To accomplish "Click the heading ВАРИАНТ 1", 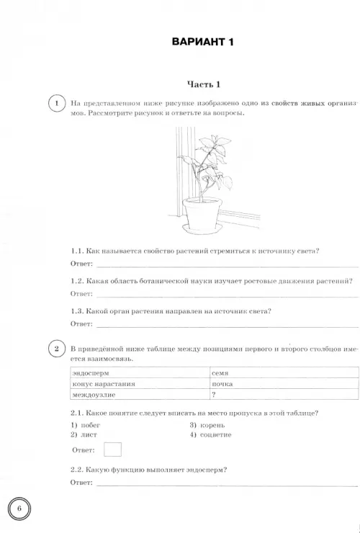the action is tap(202, 42).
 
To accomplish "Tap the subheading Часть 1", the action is tap(204, 84).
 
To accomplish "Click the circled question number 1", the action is tap(57, 103).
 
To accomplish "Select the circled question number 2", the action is tap(57, 349).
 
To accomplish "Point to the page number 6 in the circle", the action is tap(19, 509).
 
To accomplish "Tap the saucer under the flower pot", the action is tap(202, 228).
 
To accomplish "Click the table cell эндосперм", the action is tap(140, 373).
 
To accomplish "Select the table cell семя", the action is tap(284, 373).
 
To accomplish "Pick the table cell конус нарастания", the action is tap(140, 384).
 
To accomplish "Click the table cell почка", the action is tap(284, 384).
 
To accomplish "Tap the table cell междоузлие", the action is tap(140, 394).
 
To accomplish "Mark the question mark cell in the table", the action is tap(284, 394).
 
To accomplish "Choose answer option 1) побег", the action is tap(86, 425).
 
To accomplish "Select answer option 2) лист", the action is tap(84, 434).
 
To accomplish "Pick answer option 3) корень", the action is tap(207, 425).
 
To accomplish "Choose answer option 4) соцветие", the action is tap(210, 434).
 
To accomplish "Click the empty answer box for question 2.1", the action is tap(112, 449).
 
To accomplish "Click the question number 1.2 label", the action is tap(77, 281).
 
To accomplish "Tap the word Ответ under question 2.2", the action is tap(81, 483).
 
